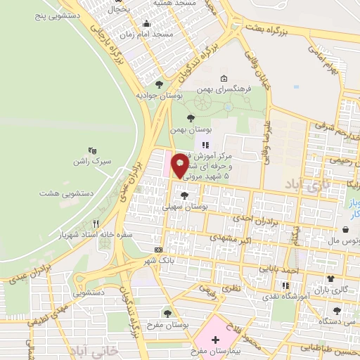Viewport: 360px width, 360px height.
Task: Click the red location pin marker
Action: coord(180,165)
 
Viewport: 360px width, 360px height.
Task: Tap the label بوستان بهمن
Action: coord(191,131)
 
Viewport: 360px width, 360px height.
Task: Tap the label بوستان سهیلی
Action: coord(184,207)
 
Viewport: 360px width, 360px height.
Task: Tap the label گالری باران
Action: coord(333,290)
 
